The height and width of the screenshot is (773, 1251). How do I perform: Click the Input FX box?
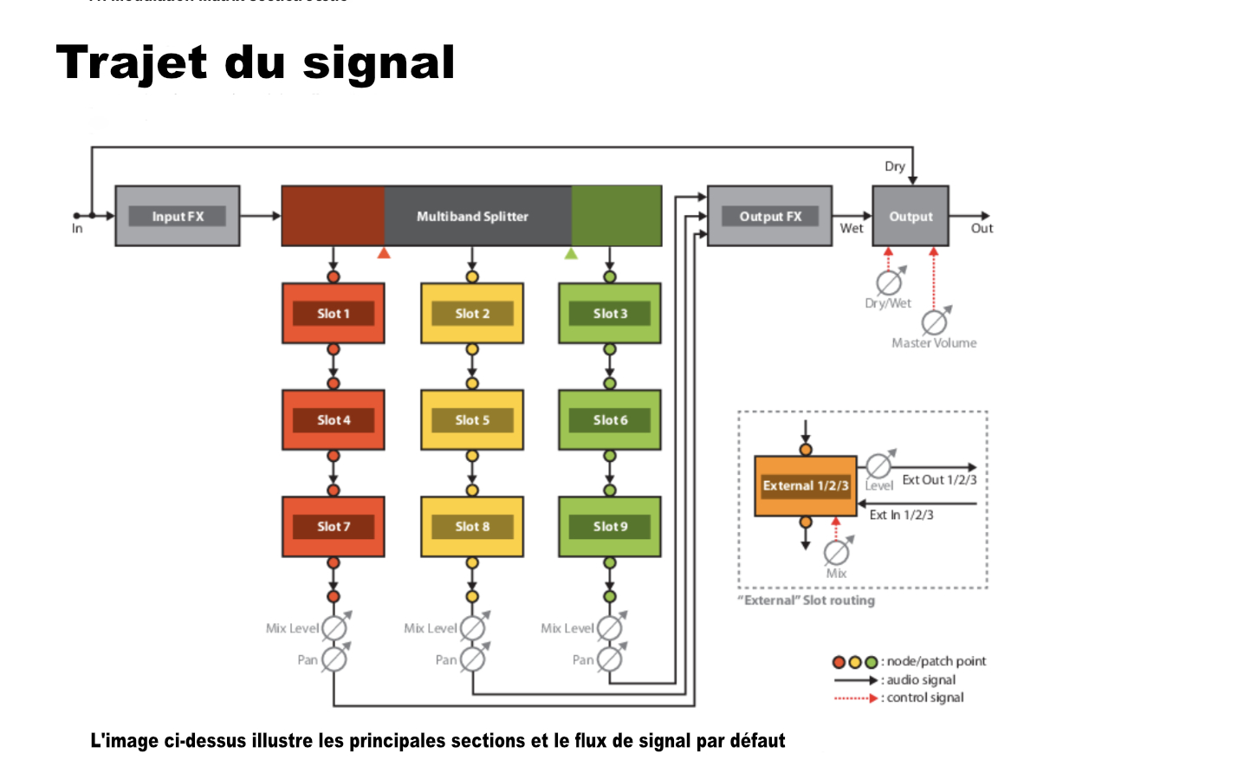pos(178,216)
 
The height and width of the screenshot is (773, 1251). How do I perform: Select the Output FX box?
pos(769,216)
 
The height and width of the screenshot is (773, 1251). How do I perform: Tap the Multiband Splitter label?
pos(472,216)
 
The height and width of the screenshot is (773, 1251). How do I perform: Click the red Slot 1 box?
pos(334,313)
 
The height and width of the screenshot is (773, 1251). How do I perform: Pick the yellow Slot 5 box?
pos(472,419)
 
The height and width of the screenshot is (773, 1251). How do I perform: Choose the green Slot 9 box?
pos(610,526)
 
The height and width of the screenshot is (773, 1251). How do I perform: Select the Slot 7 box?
pos(334,526)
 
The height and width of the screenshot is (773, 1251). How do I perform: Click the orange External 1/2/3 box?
pos(806,485)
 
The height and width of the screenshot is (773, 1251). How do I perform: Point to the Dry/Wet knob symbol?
pos(888,283)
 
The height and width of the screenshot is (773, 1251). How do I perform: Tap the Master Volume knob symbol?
pos(934,322)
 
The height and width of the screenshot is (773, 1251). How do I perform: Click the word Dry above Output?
pos(894,166)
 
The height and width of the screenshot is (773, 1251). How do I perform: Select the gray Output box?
pos(911,216)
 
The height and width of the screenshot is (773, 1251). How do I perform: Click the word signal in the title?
pos(379,63)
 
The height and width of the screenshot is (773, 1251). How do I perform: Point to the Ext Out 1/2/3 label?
pos(939,479)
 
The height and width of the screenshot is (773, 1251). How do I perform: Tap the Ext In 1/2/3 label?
pos(901,515)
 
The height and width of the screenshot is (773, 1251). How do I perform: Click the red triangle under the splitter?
pos(384,253)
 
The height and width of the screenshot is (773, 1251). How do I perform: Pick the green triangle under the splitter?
pos(571,253)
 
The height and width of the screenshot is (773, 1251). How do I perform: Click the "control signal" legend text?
pos(924,698)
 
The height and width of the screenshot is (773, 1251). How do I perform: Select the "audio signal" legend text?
pos(921,680)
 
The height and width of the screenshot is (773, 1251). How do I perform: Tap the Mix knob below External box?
pos(836,552)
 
